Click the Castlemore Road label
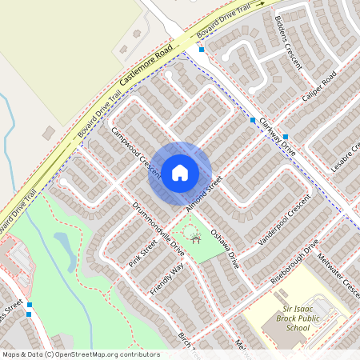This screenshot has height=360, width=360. click(x=146, y=66)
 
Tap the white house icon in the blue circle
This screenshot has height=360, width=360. click(x=180, y=173)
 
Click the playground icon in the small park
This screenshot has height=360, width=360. click(x=192, y=234)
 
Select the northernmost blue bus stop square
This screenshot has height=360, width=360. click(x=202, y=50)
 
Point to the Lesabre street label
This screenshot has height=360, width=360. click(x=346, y=156)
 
